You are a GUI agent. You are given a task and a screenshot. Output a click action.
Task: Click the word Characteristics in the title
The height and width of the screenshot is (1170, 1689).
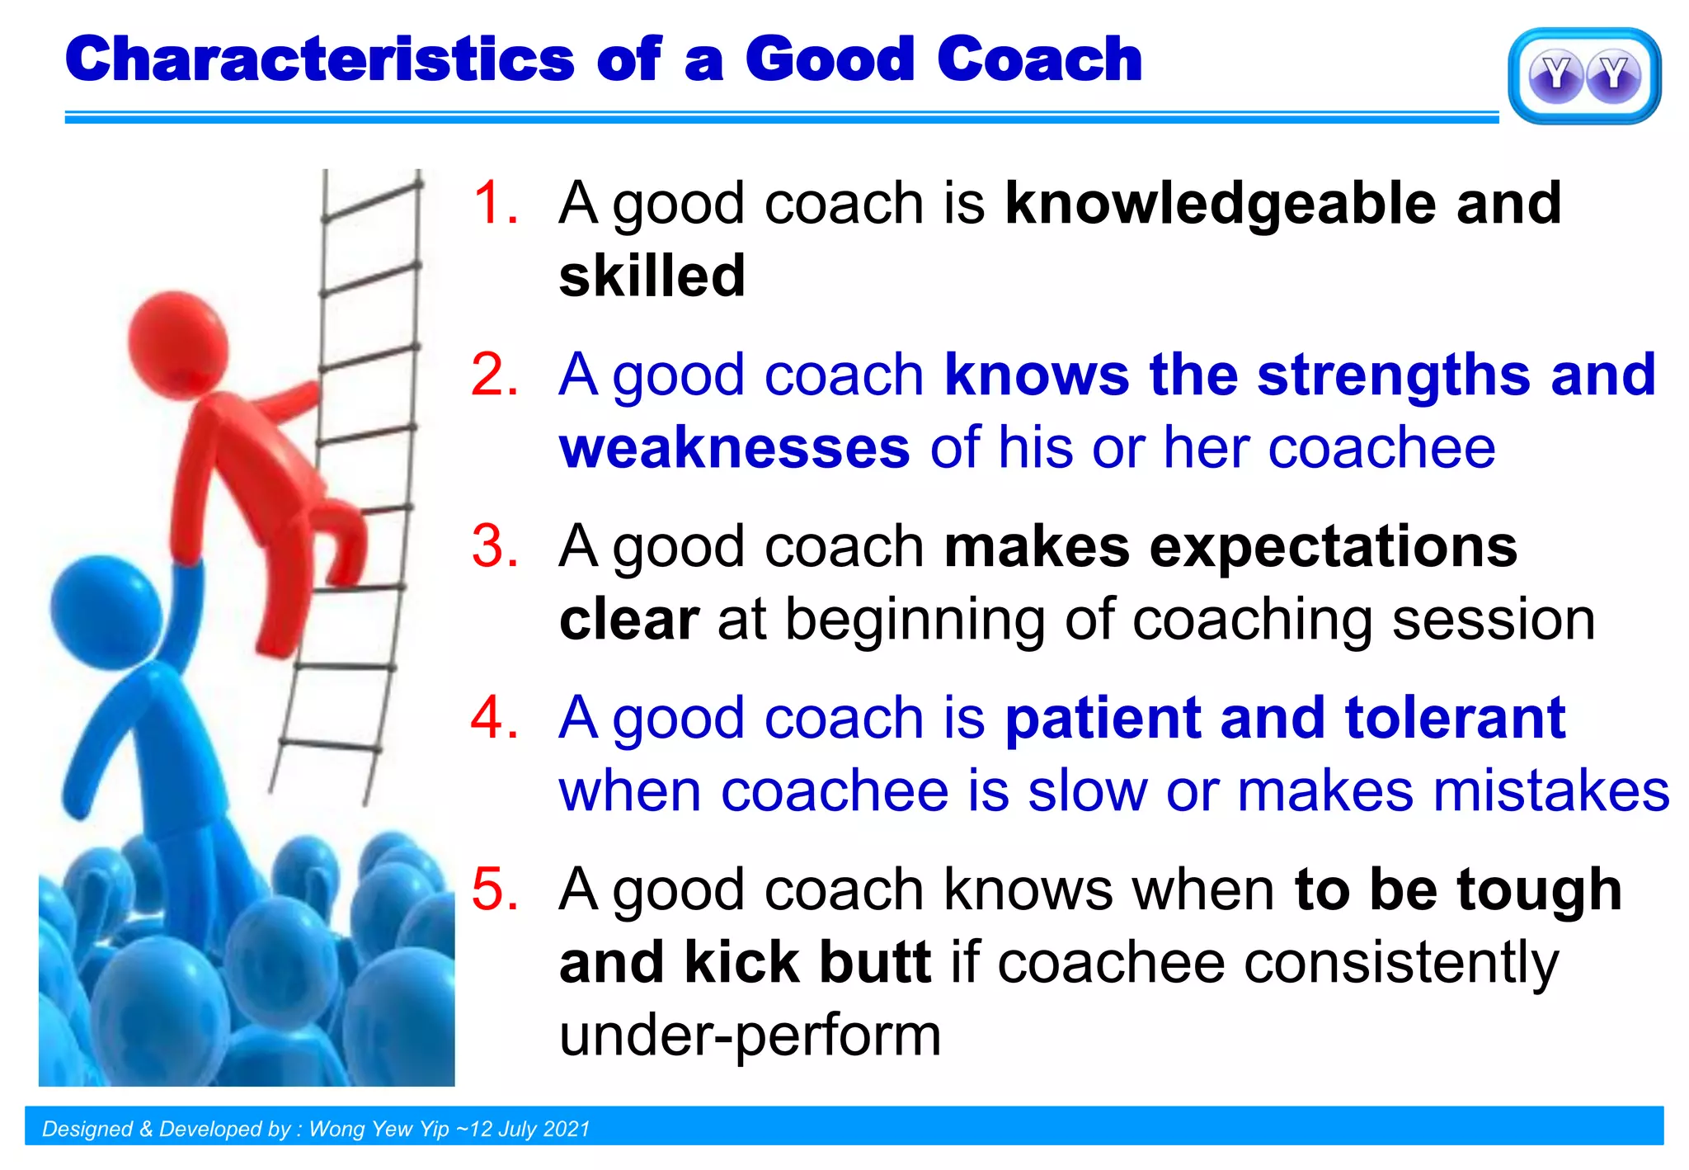[x=320, y=59]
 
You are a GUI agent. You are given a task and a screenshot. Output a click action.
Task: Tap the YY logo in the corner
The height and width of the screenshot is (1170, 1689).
[x=1584, y=76]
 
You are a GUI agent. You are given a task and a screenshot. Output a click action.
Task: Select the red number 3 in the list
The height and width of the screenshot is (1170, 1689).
[x=496, y=546]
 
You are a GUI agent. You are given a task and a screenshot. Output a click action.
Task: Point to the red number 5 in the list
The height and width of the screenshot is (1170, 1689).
[x=496, y=889]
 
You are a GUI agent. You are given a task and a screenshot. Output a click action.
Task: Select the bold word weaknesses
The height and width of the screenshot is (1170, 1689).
[x=735, y=449]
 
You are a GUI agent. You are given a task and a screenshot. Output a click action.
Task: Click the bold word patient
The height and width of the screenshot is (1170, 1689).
[x=1103, y=719]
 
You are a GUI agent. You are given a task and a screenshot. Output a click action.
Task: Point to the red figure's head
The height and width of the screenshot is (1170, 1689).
[x=178, y=341]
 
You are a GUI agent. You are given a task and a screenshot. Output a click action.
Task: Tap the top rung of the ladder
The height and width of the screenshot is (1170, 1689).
[x=372, y=201]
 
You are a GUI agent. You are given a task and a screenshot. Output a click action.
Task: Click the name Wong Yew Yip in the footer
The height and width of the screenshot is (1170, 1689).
[x=379, y=1129]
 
